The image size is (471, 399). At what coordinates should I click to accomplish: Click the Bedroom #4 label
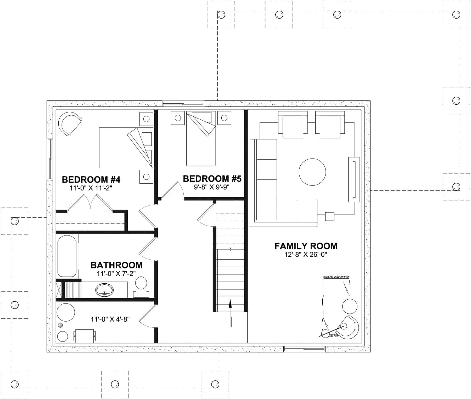(91, 179)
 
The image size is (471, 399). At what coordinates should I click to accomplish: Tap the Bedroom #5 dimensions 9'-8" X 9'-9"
(212, 187)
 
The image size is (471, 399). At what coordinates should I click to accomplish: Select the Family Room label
(306, 246)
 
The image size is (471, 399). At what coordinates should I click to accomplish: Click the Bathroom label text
(116, 265)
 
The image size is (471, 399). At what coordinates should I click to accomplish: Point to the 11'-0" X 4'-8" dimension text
(110, 319)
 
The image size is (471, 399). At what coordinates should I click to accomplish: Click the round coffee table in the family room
(312, 172)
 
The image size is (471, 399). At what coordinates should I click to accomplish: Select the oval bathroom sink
(105, 290)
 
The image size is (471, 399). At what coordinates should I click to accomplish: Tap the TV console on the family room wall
(354, 179)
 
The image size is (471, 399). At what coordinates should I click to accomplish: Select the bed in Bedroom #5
(201, 139)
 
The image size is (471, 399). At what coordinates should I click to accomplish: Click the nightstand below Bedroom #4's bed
(146, 177)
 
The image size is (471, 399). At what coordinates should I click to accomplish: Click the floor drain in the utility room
(61, 325)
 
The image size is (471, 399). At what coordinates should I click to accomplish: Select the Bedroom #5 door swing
(173, 190)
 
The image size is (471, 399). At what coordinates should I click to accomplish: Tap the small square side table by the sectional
(330, 216)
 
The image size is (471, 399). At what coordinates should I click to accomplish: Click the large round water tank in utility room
(66, 312)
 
